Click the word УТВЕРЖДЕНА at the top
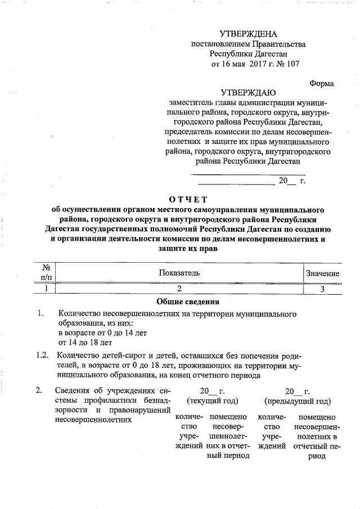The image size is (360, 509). point(249,34)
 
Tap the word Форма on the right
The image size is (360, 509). point(322,83)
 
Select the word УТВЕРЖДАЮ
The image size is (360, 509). point(248,92)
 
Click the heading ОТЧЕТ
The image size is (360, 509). point(188,199)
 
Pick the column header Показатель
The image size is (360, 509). point(179,273)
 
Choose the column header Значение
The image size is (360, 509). point(322,273)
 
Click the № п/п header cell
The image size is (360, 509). point(47,273)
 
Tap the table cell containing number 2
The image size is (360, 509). point(179,289)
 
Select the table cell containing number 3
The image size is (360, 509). point(322,289)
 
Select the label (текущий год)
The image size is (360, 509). point(212,401)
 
